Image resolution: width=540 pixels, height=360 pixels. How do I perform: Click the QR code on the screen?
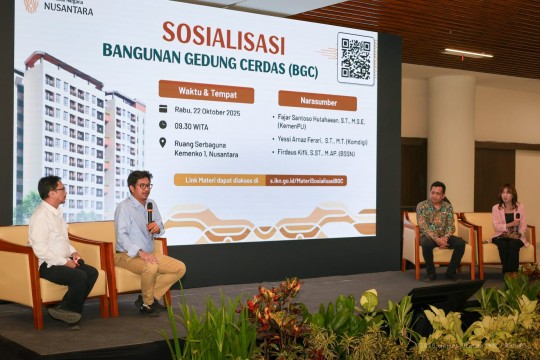[355, 59]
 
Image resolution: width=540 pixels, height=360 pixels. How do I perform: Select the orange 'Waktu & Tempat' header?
[206, 91]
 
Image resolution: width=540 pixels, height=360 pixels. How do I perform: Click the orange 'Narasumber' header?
[317, 100]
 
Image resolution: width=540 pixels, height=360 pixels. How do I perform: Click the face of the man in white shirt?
[53, 189]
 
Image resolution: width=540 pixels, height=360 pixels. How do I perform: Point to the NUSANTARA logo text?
[68, 9]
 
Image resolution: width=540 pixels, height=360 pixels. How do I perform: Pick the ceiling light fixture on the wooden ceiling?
[468, 52]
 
